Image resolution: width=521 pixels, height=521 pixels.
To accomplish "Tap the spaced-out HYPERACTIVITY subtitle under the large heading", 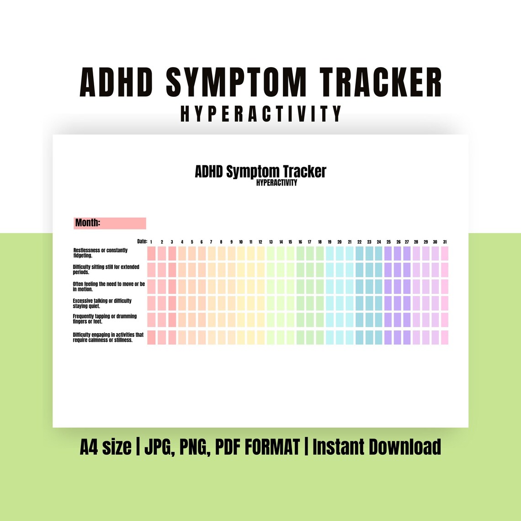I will pos(261,114).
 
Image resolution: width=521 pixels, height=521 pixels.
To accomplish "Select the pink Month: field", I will pos(110,223).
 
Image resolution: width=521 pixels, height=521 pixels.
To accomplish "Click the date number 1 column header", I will pos(151,242).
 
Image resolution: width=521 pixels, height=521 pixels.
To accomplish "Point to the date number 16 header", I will pos(300,242).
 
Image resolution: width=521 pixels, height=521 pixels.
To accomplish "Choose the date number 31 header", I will pos(445,242).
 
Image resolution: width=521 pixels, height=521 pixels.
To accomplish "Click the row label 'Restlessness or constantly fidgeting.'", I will pos(101,253).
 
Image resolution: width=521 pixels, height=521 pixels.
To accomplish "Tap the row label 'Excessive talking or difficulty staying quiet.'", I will pos(102,303).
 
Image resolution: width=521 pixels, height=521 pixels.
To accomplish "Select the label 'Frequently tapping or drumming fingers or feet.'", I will pos(105,319).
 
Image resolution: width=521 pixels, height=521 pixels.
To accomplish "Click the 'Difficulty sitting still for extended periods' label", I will pos(106,269).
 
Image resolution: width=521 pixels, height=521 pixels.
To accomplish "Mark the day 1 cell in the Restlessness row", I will pos(151,254).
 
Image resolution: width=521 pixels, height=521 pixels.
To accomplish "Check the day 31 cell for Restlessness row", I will pos(445,254).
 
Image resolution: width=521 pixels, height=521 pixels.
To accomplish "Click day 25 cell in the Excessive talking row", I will pos(388,303).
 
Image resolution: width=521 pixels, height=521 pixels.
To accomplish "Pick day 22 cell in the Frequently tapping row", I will pos(359,319).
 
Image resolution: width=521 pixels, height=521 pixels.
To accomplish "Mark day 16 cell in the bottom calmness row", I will pos(300,337).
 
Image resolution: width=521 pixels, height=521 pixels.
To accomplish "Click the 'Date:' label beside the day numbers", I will pos(142,241).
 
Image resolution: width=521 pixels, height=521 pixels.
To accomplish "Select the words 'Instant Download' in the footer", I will pos(377,447).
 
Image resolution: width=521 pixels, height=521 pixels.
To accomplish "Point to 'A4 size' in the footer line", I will pos(105,447).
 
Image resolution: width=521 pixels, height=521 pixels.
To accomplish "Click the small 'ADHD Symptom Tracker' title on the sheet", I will pos(260,172).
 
